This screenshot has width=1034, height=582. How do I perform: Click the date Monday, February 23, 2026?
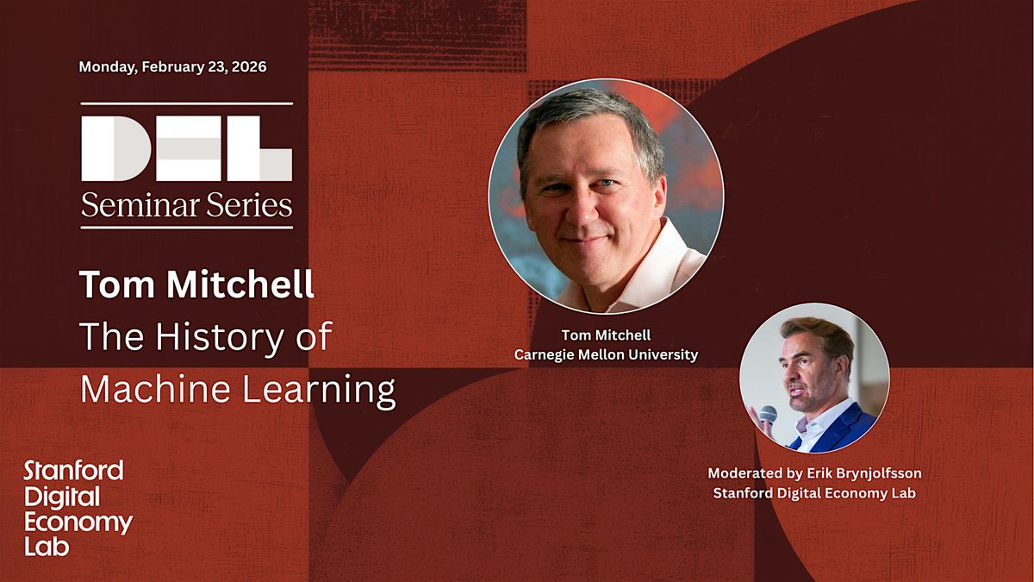[172, 67]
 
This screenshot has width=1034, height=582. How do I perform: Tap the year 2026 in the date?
[249, 67]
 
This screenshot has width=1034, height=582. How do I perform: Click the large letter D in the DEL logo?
[115, 148]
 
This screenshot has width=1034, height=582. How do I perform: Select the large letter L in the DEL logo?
[259, 148]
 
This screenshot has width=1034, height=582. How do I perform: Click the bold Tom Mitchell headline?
[196, 285]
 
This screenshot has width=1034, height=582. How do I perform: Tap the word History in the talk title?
[219, 338]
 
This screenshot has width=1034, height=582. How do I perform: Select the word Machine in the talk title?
[155, 389]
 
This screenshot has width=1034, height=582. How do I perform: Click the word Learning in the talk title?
[319, 391]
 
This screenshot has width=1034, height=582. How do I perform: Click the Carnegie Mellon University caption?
[606, 355]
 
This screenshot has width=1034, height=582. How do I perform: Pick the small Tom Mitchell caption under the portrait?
[606, 335]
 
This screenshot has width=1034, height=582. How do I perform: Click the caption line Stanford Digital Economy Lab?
[814, 493]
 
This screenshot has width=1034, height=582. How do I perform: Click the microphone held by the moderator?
[767, 414]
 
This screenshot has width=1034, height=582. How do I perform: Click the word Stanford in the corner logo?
[73, 471]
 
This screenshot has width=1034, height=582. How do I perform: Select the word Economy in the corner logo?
[78, 523]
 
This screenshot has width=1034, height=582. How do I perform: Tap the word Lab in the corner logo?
[47, 547]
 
